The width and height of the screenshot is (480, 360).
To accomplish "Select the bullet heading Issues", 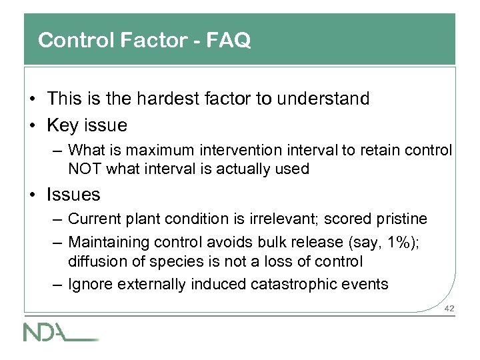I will click(x=73, y=195).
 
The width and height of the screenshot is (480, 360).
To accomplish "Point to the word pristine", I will click(x=403, y=219).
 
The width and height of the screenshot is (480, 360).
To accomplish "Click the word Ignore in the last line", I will click(x=90, y=285).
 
